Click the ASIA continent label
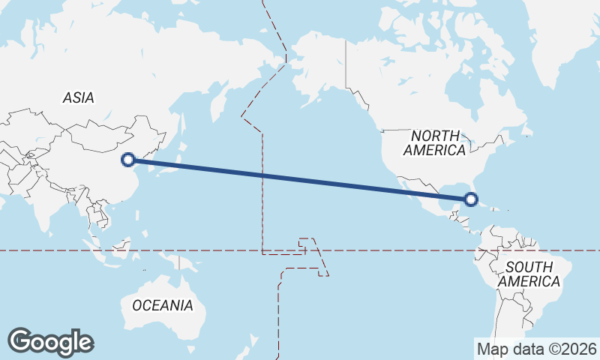79,97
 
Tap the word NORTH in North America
435,136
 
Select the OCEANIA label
163,305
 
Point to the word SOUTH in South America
529,267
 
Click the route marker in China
129,159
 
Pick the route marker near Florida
471,199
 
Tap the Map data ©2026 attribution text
537,349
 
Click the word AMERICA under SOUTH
529,282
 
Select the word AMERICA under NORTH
434,150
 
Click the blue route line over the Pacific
300,179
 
